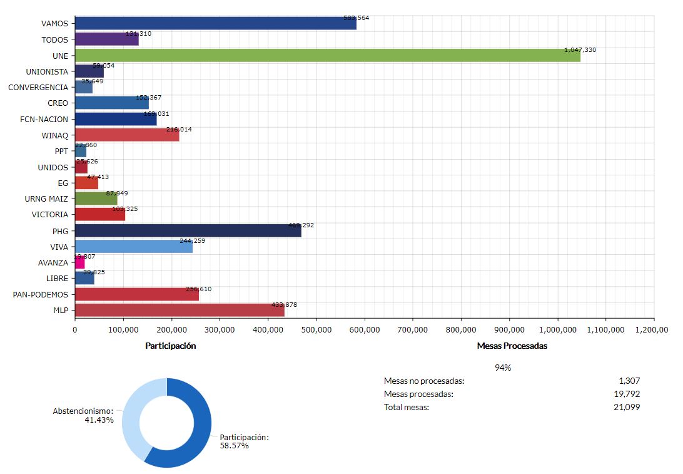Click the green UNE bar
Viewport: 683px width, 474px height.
(x=327, y=55)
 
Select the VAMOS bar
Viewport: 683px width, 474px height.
(x=215, y=24)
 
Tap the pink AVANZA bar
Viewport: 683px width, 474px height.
(x=79, y=262)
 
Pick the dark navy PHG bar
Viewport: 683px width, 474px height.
(x=188, y=230)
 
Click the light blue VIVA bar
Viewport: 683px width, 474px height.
(x=133, y=247)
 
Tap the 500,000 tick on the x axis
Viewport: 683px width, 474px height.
(x=316, y=328)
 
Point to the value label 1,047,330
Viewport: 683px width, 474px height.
(x=580, y=49)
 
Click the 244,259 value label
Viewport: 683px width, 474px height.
(x=193, y=240)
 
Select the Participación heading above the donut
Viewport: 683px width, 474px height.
(x=171, y=346)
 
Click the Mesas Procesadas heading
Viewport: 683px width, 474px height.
(x=512, y=346)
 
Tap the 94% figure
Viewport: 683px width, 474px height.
(x=503, y=368)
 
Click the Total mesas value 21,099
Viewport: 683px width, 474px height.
(x=627, y=407)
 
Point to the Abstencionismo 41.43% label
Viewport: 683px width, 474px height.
(x=83, y=415)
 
